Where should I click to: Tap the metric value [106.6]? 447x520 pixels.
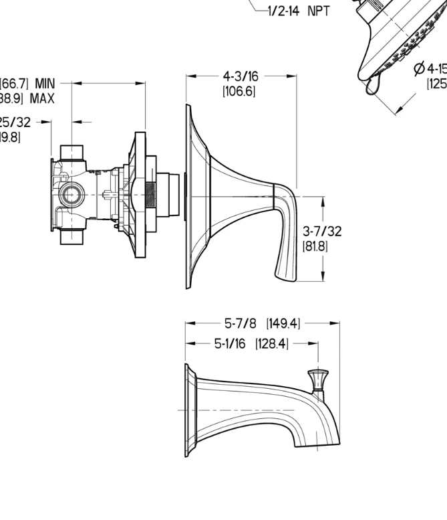pyautogui.click(x=239, y=91)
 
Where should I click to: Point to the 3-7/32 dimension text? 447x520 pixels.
pyautogui.click(x=322, y=231)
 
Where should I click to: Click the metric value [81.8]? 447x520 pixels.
pyautogui.click(x=315, y=246)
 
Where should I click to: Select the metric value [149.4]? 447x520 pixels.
pyautogui.click(x=283, y=324)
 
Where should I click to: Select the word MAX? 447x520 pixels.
pyautogui.click(x=41, y=98)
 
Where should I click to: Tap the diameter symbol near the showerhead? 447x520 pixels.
pyautogui.click(x=420, y=68)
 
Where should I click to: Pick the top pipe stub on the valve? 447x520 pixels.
pyautogui.click(x=73, y=152)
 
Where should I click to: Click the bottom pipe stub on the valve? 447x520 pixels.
pyautogui.click(x=73, y=236)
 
